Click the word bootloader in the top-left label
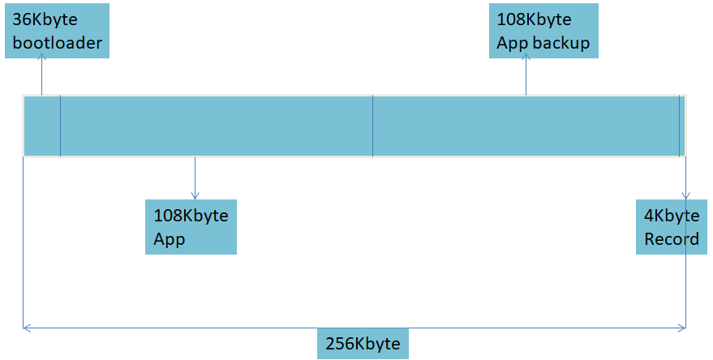pyautogui.click(x=57, y=43)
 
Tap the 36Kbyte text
pyautogui.click(x=45, y=20)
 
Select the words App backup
pyautogui.click(x=543, y=43)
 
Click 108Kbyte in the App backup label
pyautogui.click(x=534, y=20)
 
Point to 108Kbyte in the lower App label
pyautogui.click(x=191, y=216)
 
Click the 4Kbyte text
pyautogui.click(x=672, y=216)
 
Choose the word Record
pyautogui.click(x=672, y=239)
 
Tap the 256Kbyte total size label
pyautogui.click(x=363, y=343)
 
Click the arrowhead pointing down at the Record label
pyautogui.click(x=685, y=195)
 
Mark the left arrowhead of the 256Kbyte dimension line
pyautogui.click(x=27, y=328)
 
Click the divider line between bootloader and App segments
pyautogui.click(x=60, y=126)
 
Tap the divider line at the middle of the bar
pyautogui.click(x=372, y=126)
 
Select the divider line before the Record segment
pyautogui.click(x=679, y=126)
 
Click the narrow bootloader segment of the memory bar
pyautogui.click(x=42, y=126)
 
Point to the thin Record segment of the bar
pyautogui.click(x=682, y=126)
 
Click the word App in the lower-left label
pyautogui.click(x=170, y=239)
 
